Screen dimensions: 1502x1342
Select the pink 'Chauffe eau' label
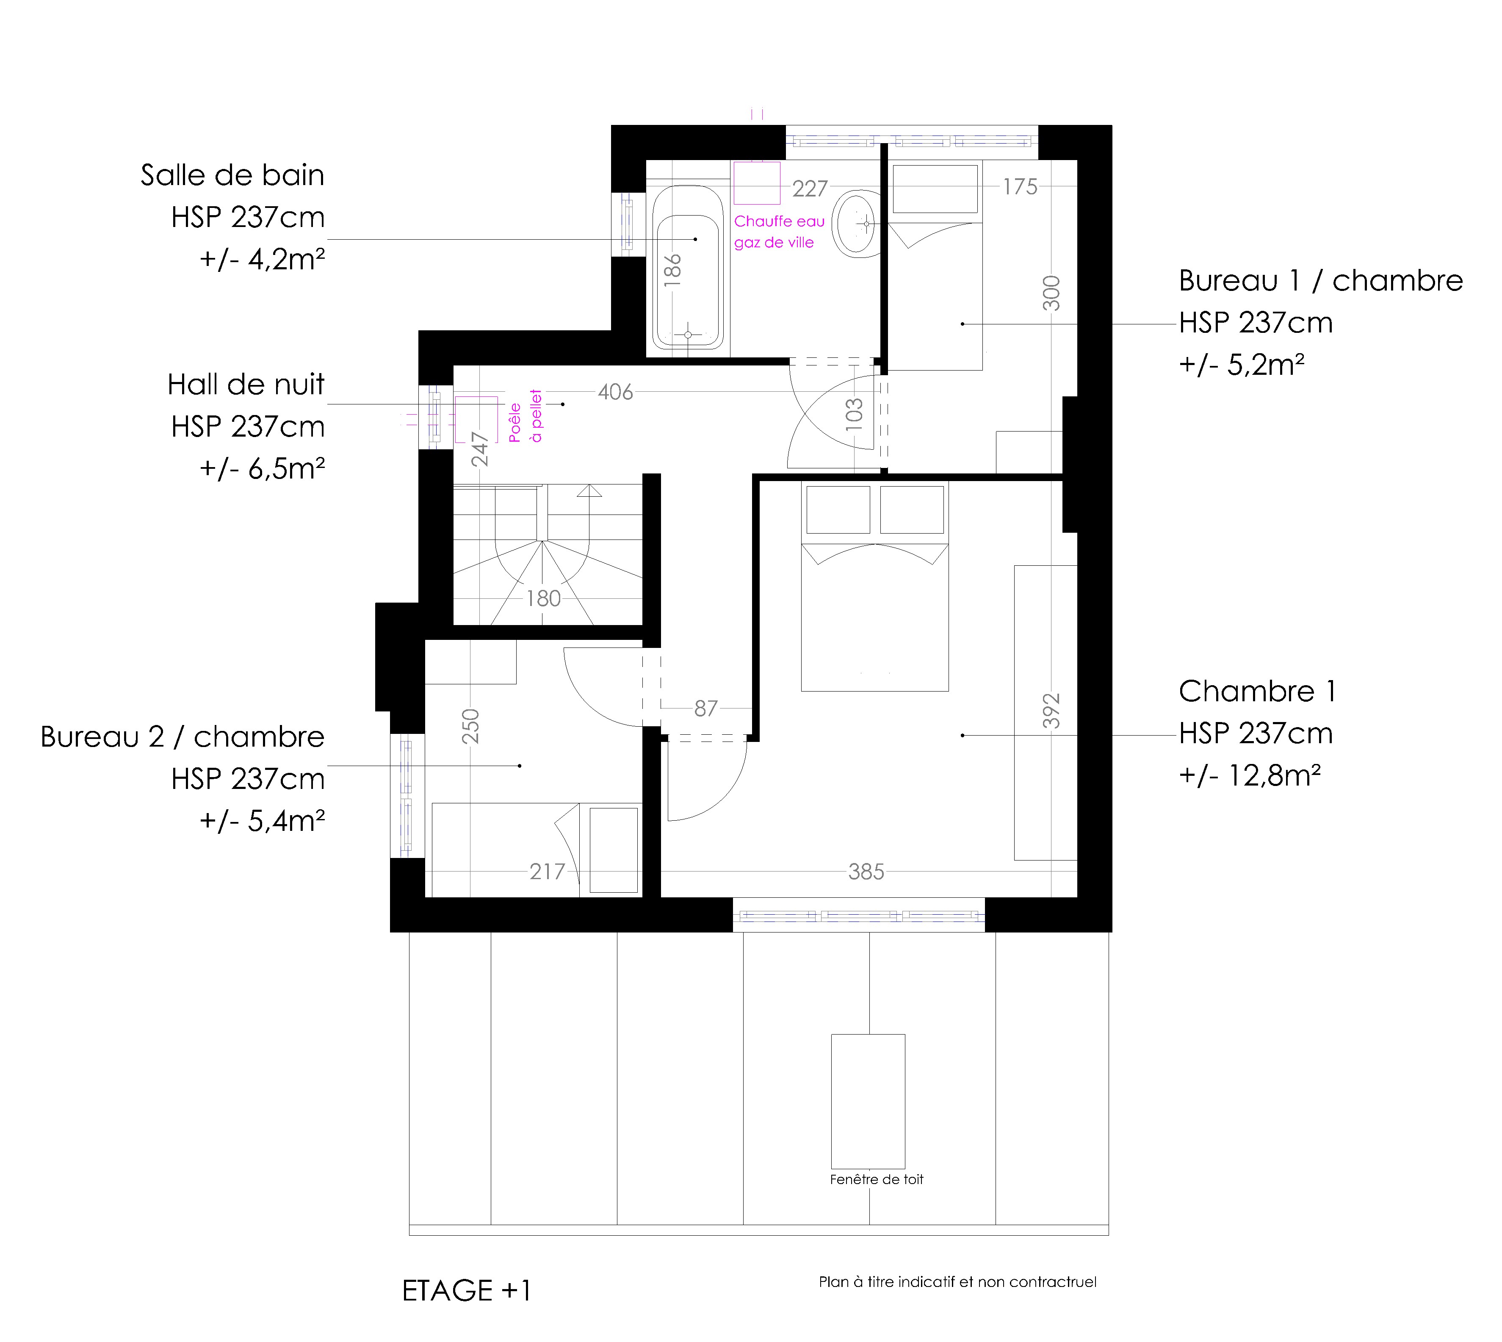780,221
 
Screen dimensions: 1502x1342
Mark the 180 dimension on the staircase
543,598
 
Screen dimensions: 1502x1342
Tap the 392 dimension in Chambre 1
1051,711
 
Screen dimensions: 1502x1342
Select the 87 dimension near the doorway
705,708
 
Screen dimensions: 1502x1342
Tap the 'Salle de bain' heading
232,175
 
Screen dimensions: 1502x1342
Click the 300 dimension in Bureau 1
1051,293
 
